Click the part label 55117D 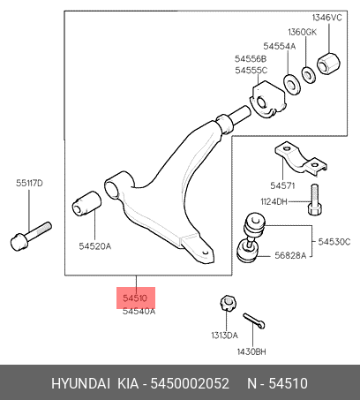click(x=29, y=183)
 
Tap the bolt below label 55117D click(x=31, y=237)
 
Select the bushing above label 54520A click(x=86, y=203)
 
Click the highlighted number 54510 click(x=135, y=298)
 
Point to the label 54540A click(x=139, y=311)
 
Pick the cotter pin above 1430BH click(x=254, y=321)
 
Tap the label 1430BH click(x=251, y=351)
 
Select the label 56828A click(x=290, y=255)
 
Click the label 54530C click(x=334, y=242)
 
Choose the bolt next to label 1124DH click(x=314, y=200)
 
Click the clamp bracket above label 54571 click(x=301, y=159)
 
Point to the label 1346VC click(x=327, y=18)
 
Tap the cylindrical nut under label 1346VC click(x=328, y=64)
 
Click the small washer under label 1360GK click(x=308, y=75)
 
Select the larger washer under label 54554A click(x=292, y=85)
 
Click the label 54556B click(x=251, y=59)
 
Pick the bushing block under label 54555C click(x=267, y=100)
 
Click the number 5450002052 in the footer click(x=190, y=383)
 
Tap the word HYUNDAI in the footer click(x=81, y=383)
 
